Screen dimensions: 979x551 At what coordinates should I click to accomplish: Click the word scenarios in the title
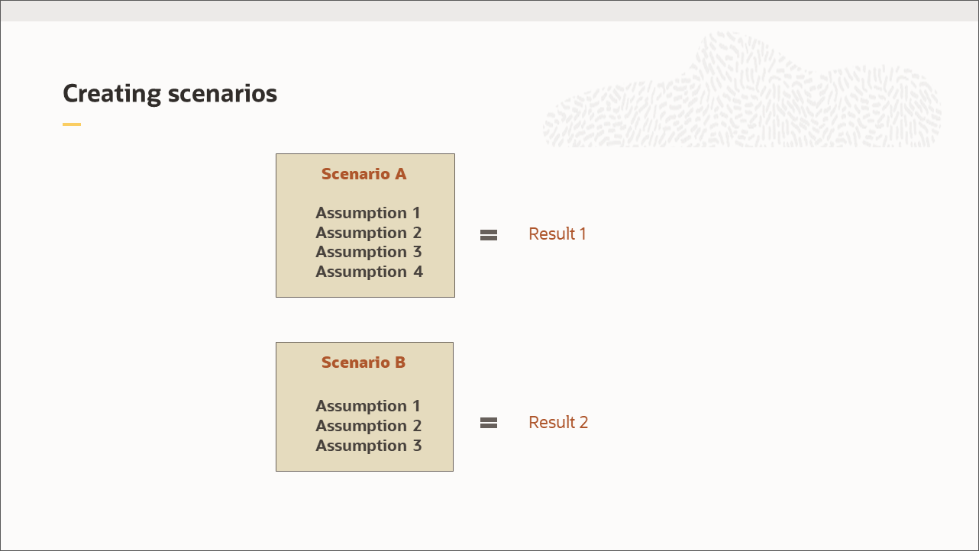point(222,94)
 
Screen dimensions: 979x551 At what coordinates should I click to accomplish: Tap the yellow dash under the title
point(72,124)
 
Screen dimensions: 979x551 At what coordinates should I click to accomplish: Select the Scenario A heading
point(364,174)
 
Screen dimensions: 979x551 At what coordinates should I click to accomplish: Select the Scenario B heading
point(363,362)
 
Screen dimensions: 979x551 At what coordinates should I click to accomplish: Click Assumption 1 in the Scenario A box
point(368,213)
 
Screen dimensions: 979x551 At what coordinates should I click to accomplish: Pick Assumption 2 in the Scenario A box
point(368,233)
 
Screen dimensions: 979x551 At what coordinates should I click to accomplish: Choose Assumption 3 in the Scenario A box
point(368,252)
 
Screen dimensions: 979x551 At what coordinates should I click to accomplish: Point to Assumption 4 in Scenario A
point(370,272)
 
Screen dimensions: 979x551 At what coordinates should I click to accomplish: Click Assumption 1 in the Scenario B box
point(368,406)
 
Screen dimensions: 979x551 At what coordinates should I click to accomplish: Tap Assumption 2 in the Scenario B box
point(368,426)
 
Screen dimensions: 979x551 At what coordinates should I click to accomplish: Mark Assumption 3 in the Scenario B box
point(368,446)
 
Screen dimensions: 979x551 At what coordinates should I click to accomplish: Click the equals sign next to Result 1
point(489,235)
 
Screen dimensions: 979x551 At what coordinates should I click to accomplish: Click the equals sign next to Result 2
point(489,423)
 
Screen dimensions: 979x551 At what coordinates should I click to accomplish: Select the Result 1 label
point(557,234)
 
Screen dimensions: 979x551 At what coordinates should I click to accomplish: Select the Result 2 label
point(558,422)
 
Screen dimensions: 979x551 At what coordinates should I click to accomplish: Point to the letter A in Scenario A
point(401,174)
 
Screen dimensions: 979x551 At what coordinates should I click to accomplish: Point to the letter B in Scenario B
point(400,362)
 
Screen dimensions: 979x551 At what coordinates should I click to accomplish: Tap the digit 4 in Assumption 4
point(418,272)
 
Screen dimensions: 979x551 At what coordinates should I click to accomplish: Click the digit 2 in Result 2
point(583,422)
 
